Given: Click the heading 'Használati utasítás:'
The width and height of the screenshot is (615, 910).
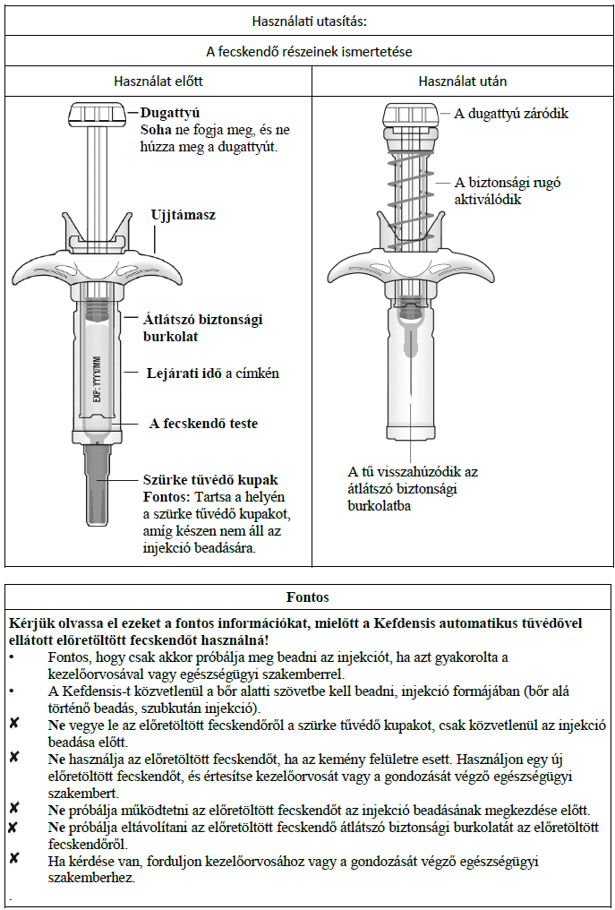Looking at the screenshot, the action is point(309,21).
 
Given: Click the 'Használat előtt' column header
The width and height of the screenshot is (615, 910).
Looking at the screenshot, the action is point(158,81).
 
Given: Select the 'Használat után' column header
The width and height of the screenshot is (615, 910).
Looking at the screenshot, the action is point(463,81).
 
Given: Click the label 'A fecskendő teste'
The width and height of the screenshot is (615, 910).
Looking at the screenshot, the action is point(203,424).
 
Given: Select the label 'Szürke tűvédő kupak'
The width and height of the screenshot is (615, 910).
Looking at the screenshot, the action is point(210,481).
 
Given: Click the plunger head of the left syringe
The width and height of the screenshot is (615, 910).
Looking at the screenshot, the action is point(97,115).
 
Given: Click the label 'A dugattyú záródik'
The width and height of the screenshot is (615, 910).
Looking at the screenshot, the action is point(511,114).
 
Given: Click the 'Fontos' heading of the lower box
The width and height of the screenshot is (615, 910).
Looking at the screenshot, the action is point(308,597).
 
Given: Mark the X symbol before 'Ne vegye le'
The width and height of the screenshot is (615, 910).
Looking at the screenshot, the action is point(14,724).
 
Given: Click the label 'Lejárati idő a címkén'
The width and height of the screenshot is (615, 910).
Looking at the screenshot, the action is point(213,373).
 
